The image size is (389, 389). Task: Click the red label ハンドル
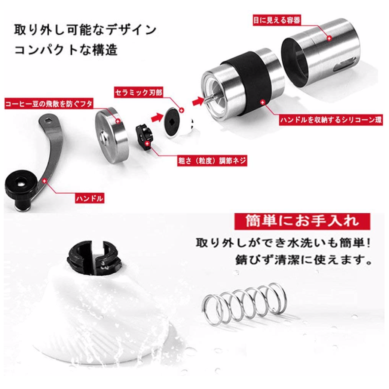click(x=89, y=198)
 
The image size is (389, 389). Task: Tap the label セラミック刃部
click(x=138, y=92)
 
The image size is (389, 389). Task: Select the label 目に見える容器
click(x=277, y=20)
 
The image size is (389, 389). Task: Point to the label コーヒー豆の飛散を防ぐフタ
click(x=49, y=103)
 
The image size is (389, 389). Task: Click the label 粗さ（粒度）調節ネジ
click(x=212, y=160)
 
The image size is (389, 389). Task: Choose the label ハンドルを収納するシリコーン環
click(x=331, y=120)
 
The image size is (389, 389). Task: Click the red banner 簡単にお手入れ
click(x=302, y=221)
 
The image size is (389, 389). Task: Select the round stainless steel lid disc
click(x=111, y=135)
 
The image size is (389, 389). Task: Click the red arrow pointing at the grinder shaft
click(x=198, y=101)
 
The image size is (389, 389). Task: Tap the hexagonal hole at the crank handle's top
click(x=48, y=120)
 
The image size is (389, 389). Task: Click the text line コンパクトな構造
click(x=66, y=50)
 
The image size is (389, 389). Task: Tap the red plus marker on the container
click(x=329, y=38)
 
